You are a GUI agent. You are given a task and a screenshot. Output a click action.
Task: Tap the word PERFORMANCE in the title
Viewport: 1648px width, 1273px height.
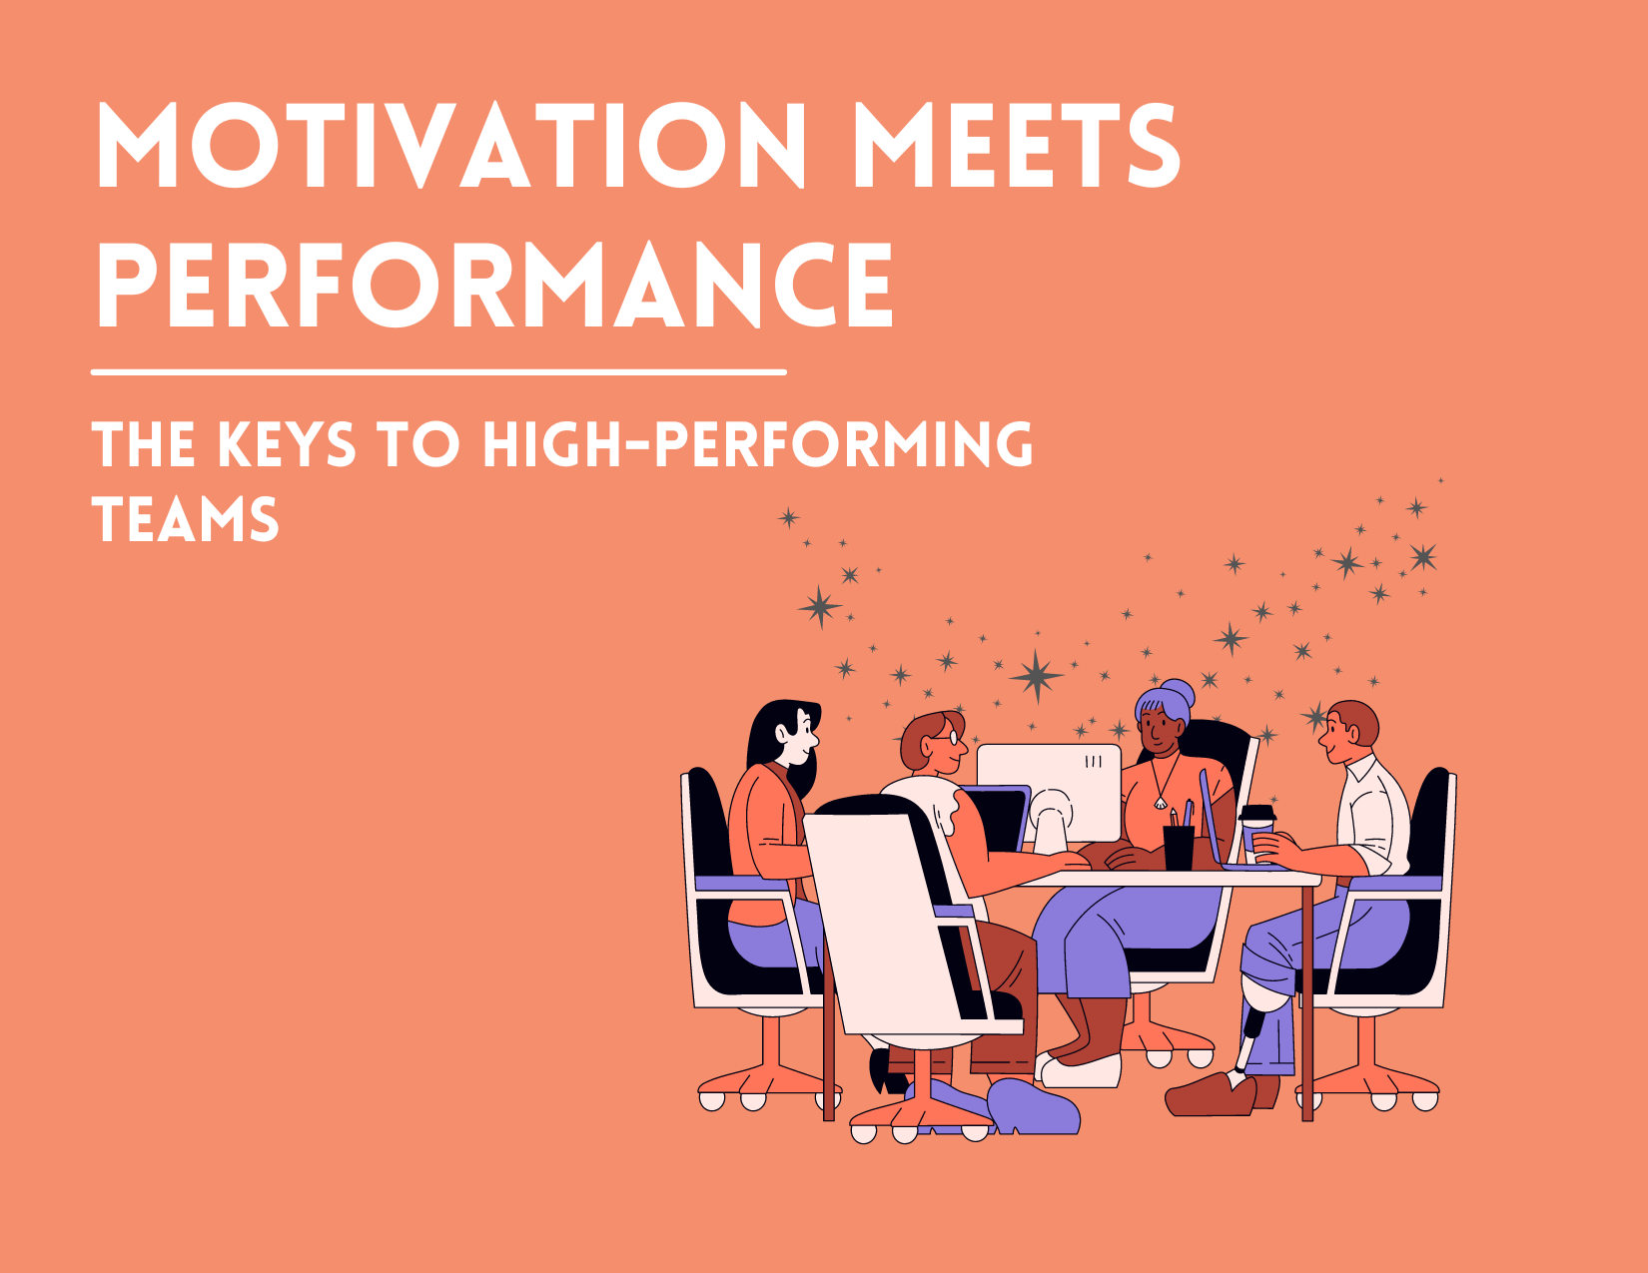pyautogui.click(x=494, y=286)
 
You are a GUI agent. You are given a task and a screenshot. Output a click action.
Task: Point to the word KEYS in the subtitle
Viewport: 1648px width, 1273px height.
pyautogui.click(x=287, y=445)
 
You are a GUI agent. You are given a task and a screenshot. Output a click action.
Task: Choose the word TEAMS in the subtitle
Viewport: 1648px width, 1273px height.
pyautogui.click(x=186, y=521)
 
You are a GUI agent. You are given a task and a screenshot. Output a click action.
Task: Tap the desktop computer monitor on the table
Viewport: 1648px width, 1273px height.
pyautogui.click(x=1049, y=789)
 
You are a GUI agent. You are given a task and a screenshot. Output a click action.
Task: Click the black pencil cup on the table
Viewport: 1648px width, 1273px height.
pyautogui.click(x=1179, y=847)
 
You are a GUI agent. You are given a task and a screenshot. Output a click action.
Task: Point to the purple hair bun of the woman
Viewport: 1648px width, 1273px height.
pyautogui.click(x=1178, y=693)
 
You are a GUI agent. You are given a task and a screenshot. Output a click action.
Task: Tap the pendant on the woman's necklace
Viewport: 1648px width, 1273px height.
pyautogui.click(x=1159, y=801)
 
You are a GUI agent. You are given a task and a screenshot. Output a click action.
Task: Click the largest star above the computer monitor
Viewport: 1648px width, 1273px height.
pyautogui.click(x=1037, y=676)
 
